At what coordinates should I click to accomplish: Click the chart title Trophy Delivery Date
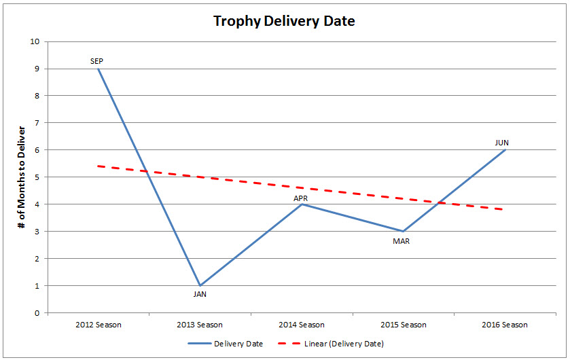pyautogui.click(x=284, y=21)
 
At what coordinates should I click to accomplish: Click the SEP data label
pyautogui.click(x=97, y=61)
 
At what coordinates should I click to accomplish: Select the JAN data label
pyautogui.click(x=200, y=294)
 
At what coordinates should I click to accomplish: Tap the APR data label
pyautogui.click(x=301, y=198)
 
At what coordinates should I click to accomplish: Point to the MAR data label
pyautogui.click(x=402, y=240)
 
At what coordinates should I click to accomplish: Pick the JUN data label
pyautogui.click(x=502, y=143)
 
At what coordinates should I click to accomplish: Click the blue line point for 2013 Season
pyautogui.click(x=200, y=285)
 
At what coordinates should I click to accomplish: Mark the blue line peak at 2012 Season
pyautogui.click(x=98, y=69)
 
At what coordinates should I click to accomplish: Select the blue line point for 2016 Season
pyautogui.click(x=505, y=150)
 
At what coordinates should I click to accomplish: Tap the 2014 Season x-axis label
pyautogui.click(x=302, y=325)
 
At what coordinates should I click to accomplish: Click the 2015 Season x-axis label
pyautogui.click(x=404, y=325)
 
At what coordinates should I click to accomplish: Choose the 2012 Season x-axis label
pyautogui.click(x=98, y=325)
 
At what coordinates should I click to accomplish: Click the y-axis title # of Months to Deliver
pyautogui.click(x=23, y=177)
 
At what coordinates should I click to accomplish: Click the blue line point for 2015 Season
pyautogui.click(x=404, y=232)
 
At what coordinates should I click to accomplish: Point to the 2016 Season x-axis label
pyautogui.click(x=505, y=325)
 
